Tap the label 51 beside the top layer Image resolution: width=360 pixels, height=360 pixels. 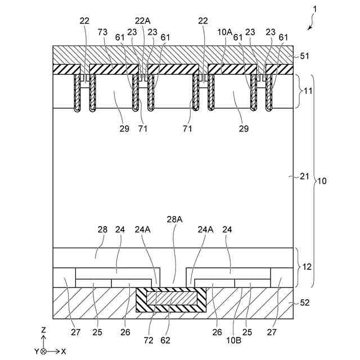point(305,56)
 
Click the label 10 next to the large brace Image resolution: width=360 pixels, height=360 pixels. point(322,181)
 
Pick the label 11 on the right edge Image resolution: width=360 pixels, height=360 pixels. point(305,90)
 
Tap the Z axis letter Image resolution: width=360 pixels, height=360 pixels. point(44,329)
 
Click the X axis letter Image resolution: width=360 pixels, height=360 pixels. point(64,350)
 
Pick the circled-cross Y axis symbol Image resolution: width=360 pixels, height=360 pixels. point(44,350)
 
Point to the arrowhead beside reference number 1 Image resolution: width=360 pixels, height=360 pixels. point(308,27)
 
